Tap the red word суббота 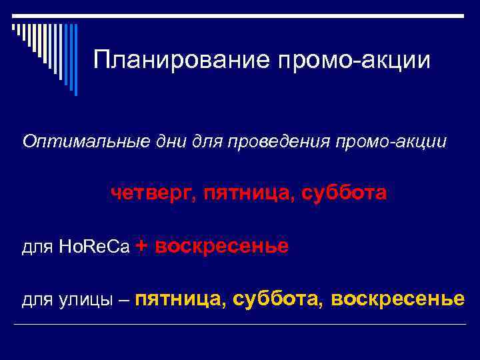point(343,193)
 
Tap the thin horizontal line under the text point(240,325)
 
